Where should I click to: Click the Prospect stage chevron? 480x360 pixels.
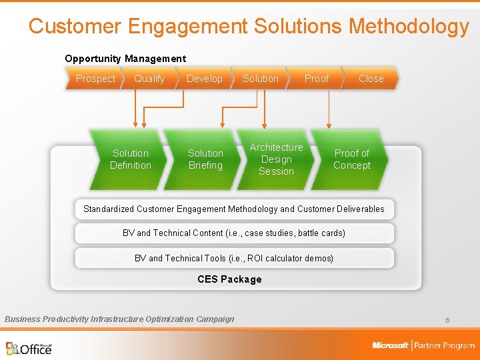[x=95, y=79]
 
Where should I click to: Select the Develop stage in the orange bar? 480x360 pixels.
[x=204, y=79]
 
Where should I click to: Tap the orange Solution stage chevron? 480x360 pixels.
[x=260, y=79]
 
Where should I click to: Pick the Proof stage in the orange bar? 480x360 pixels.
[x=316, y=79]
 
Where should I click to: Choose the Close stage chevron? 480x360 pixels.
[x=371, y=79]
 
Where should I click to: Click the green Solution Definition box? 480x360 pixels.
[x=131, y=159]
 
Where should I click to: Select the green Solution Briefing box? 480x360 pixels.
[x=205, y=159]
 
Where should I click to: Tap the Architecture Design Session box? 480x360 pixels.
[x=276, y=159]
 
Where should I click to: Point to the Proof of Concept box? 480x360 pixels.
[x=351, y=159]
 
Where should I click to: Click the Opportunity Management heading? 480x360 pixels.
[x=125, y=59]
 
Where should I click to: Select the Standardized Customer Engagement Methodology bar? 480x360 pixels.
[x=234, y=209]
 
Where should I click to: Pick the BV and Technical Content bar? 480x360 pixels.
[x=234, y=233]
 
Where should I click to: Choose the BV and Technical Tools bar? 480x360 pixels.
[x=234, y=258]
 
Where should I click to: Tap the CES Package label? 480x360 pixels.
[x=229, y=279]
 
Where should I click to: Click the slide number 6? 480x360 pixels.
[x=447, y=321]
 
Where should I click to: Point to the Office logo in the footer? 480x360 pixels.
[x=29, y=348]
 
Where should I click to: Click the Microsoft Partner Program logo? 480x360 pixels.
[x=423, y=345]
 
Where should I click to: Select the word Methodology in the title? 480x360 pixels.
[x=409, y=26]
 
